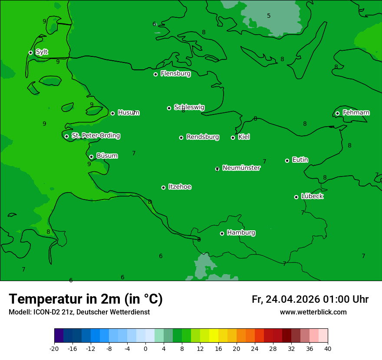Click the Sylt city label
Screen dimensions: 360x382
pyautogui.click(x=42, y=52)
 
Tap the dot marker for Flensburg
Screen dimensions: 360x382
pyautogui.click(x=155, y=74)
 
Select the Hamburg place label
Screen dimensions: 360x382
pyautogui.click(x=241, y=233)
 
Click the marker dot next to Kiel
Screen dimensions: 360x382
pyautogui.click(x=233, y=137)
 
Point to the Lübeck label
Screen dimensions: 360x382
pyautogui.click(x=312, y=196)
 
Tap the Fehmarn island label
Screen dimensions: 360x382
pyautogui.click(x=356, y=113)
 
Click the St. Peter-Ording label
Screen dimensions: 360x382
pyautogui.click(x=95, y=136)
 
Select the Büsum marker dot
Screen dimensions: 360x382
pyautogui.click(x=91, y=157)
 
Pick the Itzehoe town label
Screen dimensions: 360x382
pyautogui.click(x=180, y=187)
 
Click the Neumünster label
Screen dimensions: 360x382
pyautogui.click(x=241, y=168)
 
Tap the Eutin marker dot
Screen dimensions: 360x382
pyautogui.click(x=287, y=160)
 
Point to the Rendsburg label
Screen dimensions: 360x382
pyautogui.click(x=203, y=137)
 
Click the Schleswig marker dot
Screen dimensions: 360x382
pyautogui.click(x=169, y=108)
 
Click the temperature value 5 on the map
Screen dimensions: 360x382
pyautogui.click(x=269, y=16)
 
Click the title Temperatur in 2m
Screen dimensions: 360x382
pyautogui.click(x=86, y=299)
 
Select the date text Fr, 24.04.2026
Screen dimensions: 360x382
pyautogui.click(x=286, y=299)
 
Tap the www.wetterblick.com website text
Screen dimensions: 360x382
pyautogui.click(x=313, y=312)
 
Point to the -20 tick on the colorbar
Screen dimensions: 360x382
pyautogui.click(x=54, y=348)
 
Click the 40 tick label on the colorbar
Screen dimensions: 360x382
pyautogui.click(x=328, y=348)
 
